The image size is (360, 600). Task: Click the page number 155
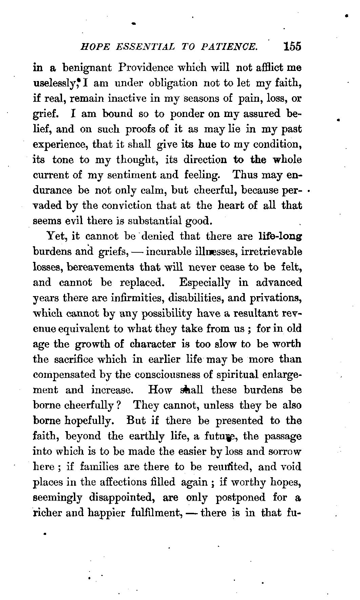point(293,46)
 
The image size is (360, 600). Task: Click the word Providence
point(141,67)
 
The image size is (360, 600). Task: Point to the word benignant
point(87,68)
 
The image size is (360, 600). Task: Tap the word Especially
point(205,282)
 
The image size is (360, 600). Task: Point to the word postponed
point(241,498)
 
